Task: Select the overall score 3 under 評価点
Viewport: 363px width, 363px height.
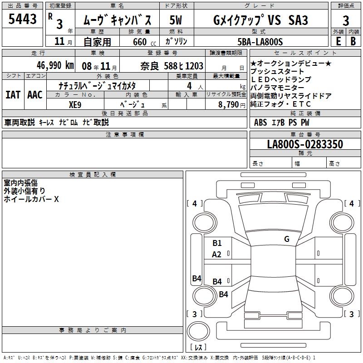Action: pyautogui.click(x=346, y=20)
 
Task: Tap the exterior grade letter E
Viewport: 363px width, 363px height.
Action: pyautogui.click(x=338, y=41)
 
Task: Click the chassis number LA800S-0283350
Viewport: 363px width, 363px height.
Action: pyautogui.click(x=305, y=144)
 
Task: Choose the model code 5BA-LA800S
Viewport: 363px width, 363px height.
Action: pyautogui.click(x=260, y=42)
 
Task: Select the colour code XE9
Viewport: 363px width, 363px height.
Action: pyautogui.click(x=75, y=104)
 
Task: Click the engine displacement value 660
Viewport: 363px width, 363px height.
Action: pyautogui.click(x=140, y=42)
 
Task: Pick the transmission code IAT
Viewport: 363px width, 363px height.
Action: pyautogui.click(x=13, y=95)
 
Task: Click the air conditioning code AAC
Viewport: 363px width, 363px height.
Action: pyautogui.click(x=34, y=95)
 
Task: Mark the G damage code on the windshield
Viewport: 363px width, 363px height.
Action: pyautogui.click(x=286, y=239)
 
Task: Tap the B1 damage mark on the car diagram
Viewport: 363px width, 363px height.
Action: pyautogui.click(x=217, y=243)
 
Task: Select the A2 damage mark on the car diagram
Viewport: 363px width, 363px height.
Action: pyautogui.click(x=217, y=255)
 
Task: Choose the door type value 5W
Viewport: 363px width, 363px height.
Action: pyautogui.click(x=176, y=20)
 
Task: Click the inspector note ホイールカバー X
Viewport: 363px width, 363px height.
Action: pyautogui.click(x=31, y=199)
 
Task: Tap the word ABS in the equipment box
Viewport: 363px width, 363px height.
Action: pyautogui.click(x=260, y=122)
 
